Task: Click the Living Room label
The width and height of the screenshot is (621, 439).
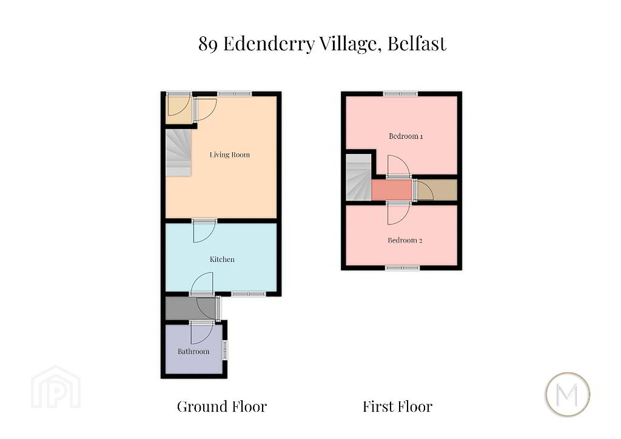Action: pyautogui.click(x=230, y=155)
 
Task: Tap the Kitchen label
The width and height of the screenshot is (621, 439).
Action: pyautogui.click(x=222, y=260)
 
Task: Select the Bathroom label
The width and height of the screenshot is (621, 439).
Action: pyautogui.click(x=193, y=352)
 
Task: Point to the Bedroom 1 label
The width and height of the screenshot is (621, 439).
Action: pyautogui.click(x=406, y=136)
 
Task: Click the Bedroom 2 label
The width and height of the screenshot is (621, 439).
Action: pyautogui.click(x=404, y=240)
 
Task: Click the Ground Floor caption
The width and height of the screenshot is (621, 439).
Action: pyautogui.click(x=222, y=406)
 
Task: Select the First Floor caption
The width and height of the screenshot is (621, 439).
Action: pyautogui.click(x=398, y=406)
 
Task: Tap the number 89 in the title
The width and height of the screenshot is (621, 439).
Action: pyautogui.click(x=208, y=44)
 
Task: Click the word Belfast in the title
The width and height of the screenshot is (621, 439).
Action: pyautogui.click(x=417, y=43)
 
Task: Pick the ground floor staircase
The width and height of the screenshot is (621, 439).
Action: pyautogui.click(x=179, y=153)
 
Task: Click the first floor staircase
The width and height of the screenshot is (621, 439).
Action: pyautogui.click(x=359, y=177)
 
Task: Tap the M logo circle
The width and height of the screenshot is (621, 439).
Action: pyautogui.click(x=568, y=394)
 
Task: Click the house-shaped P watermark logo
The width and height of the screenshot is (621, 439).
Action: pyautogui.click(x=56, y=387)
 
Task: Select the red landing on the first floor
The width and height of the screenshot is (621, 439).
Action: pyautogui.click(x=392, y=190)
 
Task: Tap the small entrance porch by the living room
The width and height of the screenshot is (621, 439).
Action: pyautogui.click(x=179, y=110)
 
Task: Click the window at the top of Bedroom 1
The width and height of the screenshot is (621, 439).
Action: pyautogui.click(x=400, y=94)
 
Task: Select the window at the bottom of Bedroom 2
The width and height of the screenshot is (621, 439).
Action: pyautogui.click(x=403, y=268)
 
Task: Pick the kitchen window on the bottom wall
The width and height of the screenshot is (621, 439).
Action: pyautogui.click(x=249, y=294)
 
